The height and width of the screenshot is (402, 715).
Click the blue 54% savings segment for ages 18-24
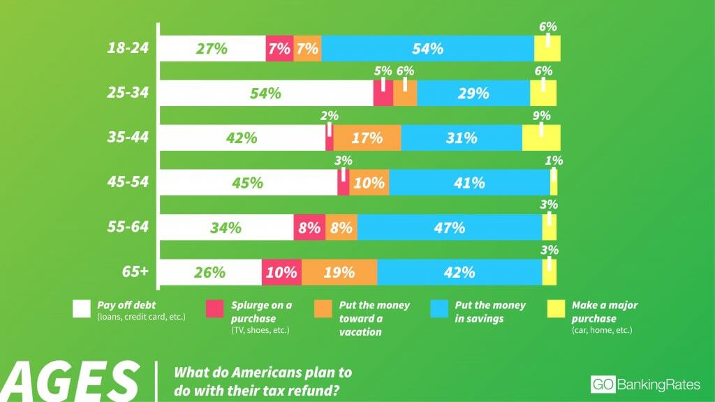427,49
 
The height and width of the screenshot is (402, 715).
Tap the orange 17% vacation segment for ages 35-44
367,138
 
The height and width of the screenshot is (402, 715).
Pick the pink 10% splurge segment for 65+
281,272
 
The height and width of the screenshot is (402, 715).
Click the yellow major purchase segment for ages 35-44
541,138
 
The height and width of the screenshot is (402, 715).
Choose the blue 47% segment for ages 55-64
449,228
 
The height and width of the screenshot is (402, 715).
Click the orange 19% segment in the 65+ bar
339,272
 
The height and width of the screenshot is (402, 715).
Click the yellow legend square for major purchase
555,308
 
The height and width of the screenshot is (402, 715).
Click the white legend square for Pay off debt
82,308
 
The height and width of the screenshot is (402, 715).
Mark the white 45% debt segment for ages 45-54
248,183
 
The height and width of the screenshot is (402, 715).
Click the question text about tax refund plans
262,380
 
